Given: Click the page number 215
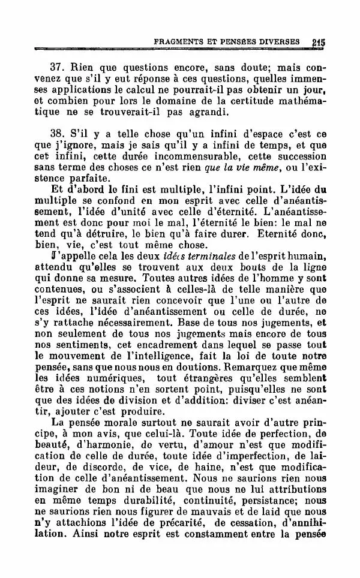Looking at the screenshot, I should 318,43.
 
